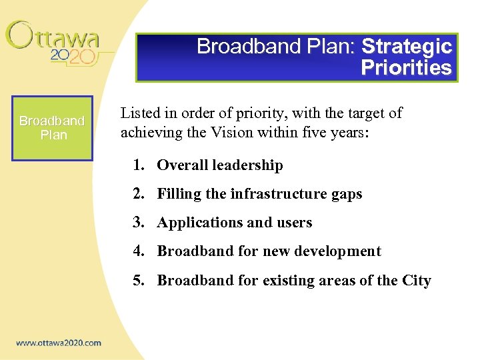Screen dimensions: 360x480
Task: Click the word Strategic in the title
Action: coord(406,47)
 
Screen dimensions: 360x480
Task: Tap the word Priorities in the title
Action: coord(406,68)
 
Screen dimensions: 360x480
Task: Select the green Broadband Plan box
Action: coord(52,128)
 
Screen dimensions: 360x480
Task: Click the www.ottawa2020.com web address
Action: coord(59,343)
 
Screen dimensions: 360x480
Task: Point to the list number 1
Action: coord(138,165)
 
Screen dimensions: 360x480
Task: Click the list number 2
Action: coord(138,194)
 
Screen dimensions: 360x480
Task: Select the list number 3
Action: coord(138,223)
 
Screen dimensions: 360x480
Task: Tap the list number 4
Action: coord(138,251)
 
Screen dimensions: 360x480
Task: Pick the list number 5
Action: coord(138,281)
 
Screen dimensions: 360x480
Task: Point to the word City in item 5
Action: coord(417,281)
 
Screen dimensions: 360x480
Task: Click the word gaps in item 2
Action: coord(347,195)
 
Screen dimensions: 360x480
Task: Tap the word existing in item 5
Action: coord(277,281)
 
